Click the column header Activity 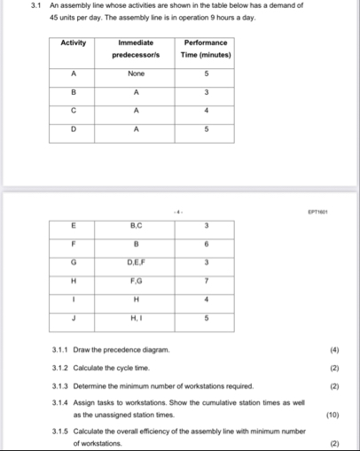tap(74, 43)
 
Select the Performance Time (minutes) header tap(206, 48)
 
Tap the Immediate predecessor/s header tap(136, 48)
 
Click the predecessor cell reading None tap(136, 74)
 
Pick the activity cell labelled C tap(74, 111)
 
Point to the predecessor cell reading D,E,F tap(136, 262)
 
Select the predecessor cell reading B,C tap(136, 225)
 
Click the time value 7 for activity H tap(206, 280)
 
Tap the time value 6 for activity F tap(206, 244)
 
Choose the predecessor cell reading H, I tap(136, 317)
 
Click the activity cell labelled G tap(74, 262)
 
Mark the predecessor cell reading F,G tap(136, 280)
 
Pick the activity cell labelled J tap(74, 317)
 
